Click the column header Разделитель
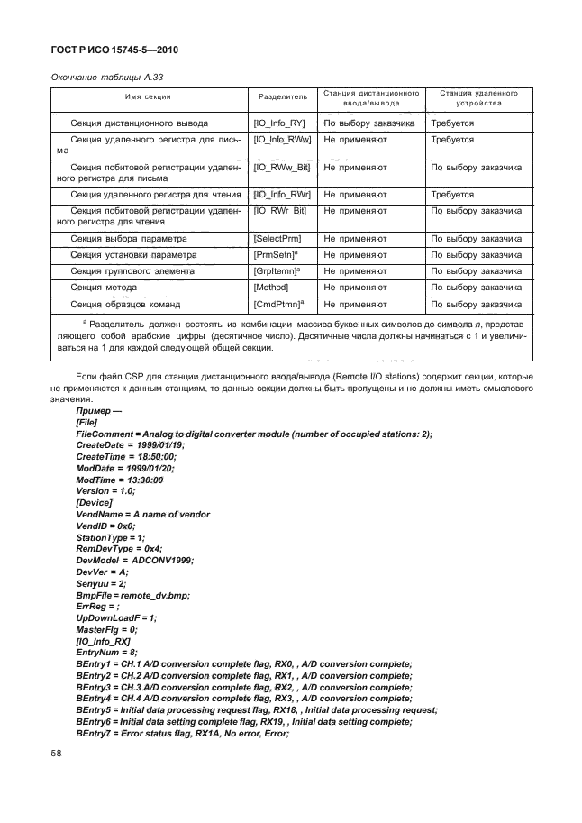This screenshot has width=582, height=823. (282, 96)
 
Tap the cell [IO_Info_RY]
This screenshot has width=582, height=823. (282, 123)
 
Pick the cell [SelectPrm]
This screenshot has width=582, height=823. (277, 239)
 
